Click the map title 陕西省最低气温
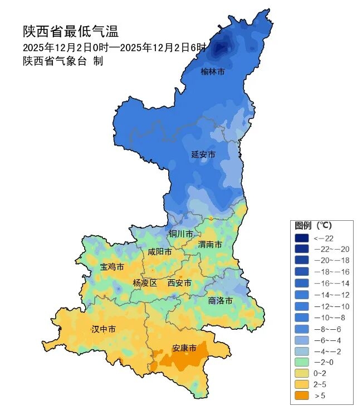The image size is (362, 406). point(71,31)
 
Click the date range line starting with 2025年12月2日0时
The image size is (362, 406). point(114,47)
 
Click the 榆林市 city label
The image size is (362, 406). point(213,72)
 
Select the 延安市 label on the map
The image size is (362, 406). point(203,154)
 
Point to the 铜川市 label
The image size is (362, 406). point(181,234)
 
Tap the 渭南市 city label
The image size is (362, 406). point(210,245)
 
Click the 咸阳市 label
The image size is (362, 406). point(159,252)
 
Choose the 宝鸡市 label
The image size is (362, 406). point(112,267)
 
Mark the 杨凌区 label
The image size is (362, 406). point(145,283)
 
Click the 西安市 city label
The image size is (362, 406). point(179,283)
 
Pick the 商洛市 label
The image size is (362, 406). point(220,300)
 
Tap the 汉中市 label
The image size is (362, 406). point(104,329)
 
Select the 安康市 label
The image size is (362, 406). point(184,348)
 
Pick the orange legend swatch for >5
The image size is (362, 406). point(302,395)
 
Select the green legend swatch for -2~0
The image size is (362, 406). point(302,362)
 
